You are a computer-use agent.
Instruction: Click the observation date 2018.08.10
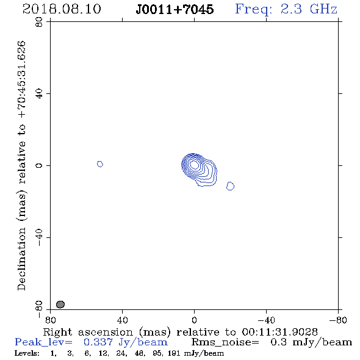(x=62, y=9)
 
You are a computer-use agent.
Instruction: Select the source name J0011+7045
(x=175, y=9)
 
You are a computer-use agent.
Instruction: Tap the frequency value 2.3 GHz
(x=309, y=9)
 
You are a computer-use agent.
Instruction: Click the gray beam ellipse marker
(x=60, y=304)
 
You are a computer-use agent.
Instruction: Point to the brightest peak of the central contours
(x=194, y=164)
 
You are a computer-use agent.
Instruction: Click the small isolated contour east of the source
(x=100, y=164)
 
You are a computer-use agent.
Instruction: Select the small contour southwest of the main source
(x=230, y=186)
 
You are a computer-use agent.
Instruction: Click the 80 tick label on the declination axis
(x=39, y=22)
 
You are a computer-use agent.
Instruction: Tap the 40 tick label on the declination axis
(x=39, y=94)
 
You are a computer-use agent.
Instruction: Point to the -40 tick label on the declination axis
(x=39, y=237)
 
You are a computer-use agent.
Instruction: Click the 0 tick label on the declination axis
(x=39, y=165)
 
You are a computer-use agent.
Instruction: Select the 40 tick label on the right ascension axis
(x=122, y=320)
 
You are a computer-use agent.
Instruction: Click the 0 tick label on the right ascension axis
(x=194, y=320)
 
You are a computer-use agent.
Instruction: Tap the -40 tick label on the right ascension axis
(x=266, y=320)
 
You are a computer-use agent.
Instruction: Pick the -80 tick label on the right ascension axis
(x=338, y=320)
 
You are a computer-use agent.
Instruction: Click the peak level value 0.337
(x=98, y=342)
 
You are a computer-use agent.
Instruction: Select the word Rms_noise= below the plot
(x=225, y=342)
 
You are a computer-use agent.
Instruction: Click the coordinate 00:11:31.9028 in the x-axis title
(x=280, y=332)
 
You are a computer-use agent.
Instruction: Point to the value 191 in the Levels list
(x=174, y=353)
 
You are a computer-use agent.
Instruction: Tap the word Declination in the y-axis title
(x=21, y=259)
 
